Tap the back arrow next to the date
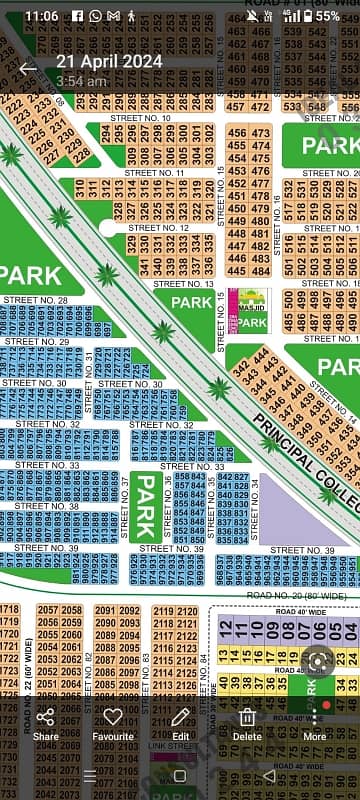click(28, 69)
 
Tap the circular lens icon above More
click(318, 662)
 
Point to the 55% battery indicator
click(325, 17)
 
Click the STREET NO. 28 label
click(35, 300)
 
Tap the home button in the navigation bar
click(180, 776)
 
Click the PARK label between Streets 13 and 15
click(190, 301)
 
